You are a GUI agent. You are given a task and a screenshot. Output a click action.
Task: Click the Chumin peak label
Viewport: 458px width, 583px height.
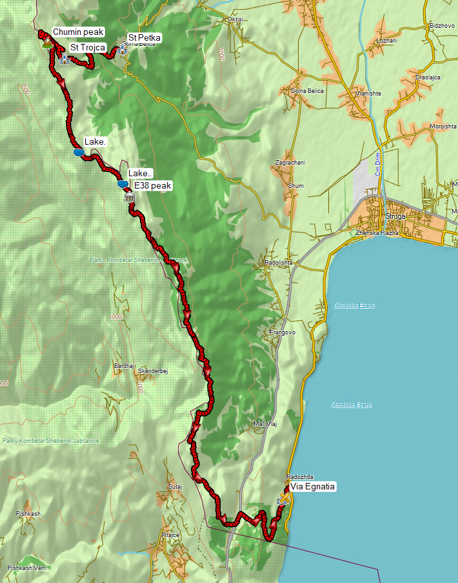pos(77,32)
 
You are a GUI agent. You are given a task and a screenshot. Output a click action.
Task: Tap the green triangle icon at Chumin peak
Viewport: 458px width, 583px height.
pos(47,44)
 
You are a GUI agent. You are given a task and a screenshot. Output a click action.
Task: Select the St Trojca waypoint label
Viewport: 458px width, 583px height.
pos(88,48)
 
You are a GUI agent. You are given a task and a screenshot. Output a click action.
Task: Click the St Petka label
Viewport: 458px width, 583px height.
pos(144,38)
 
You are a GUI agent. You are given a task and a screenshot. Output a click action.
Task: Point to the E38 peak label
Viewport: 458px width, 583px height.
pos(153,186)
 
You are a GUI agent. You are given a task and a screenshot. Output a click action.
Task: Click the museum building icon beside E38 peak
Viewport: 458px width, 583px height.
pos(130,196)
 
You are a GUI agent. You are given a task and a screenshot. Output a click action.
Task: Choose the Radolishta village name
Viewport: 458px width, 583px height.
pos(278,263)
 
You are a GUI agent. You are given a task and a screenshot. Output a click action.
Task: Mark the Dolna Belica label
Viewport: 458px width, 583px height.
pos(306,91)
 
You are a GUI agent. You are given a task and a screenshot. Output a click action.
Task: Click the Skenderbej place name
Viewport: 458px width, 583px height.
pos(153,371)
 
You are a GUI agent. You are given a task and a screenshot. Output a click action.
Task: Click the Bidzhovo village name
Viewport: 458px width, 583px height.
pos(441,26)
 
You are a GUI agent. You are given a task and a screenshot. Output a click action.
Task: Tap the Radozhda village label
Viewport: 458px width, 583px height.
pos(301,476)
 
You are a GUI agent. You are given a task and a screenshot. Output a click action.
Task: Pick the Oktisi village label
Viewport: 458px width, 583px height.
pos(235,19)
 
